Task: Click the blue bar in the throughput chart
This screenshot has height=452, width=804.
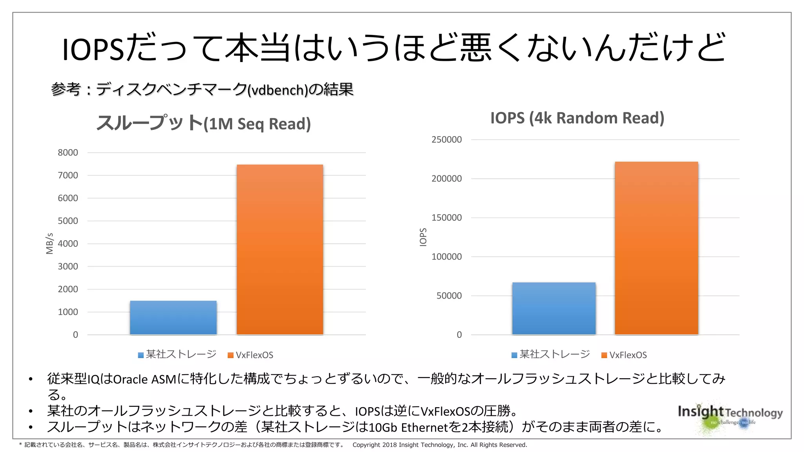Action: click(x=173, y=318)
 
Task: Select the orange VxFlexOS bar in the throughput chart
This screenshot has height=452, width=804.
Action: click(x=280, y=250)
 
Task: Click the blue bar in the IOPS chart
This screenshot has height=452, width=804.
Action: click(x=554, y=308)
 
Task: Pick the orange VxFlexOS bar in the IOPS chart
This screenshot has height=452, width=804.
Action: click(x=656, y=248)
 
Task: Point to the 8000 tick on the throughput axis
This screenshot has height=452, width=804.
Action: click(x=68, y=153)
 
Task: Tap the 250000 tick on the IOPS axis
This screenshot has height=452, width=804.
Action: click(x=446, y=140)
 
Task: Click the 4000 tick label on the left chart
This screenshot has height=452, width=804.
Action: click(x=68, y=244)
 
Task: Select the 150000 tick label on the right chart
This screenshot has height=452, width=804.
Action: click(x=446, y=218)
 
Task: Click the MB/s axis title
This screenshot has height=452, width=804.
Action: click(x=49, y=244)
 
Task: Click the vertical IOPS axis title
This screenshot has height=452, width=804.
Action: click(x=423, y=237)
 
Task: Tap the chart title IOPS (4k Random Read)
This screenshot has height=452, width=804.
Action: click(x=577, y=118)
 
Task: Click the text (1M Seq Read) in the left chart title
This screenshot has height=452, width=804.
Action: click(x=258, y=124)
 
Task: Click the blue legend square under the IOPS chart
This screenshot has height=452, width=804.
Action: click(x=514, y=355)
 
